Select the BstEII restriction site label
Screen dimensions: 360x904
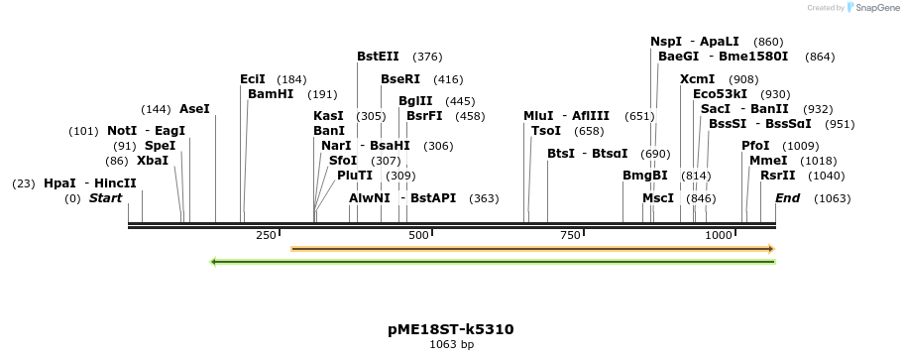tap(378, 57)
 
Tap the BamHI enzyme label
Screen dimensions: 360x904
tap(271, 94)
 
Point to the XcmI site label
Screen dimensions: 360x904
tap(698, 79)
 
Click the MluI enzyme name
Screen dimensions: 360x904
tap(539, 116)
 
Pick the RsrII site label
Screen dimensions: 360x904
tap(778, 176)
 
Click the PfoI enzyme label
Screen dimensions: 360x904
tap(755, 146)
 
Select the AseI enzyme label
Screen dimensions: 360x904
tap(194, 109)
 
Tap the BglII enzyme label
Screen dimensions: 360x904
tap(415, 101)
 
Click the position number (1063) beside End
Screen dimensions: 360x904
tap(832, 198)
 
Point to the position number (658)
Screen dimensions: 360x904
tap(589, 131)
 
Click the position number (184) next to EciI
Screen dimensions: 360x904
tap(291, 79)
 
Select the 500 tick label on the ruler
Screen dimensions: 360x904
tap(418, 235)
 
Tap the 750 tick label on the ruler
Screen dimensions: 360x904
tap(570, 235)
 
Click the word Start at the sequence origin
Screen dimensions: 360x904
tap(105, 198)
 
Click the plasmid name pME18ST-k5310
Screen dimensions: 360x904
tap(451, 329)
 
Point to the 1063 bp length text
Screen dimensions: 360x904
tap(451, 345)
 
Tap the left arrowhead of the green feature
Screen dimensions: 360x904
tap(213, 262)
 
